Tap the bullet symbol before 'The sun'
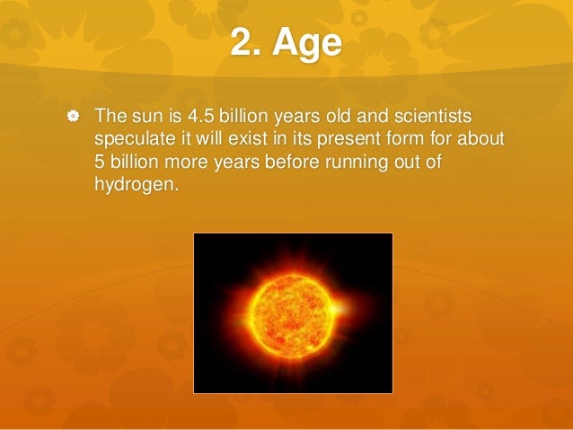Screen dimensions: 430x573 click(x=73, y=118)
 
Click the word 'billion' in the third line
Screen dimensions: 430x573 click(x=137, y=163)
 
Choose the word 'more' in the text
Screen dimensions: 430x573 click(x=196, y=163)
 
